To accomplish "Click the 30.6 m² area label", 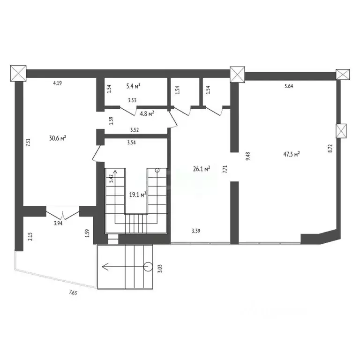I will (x=57, y=138).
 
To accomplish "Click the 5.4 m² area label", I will (x=134, y=86).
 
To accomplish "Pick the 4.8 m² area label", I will (x=147, y=112).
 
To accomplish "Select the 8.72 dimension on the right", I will (x=330, y=149).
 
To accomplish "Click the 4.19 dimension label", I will (x=58, y=83).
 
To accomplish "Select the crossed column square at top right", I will (x=343, y=74).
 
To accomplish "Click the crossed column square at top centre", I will (x=238, y=74).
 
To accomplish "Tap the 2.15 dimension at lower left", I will (x=30, y=237).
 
